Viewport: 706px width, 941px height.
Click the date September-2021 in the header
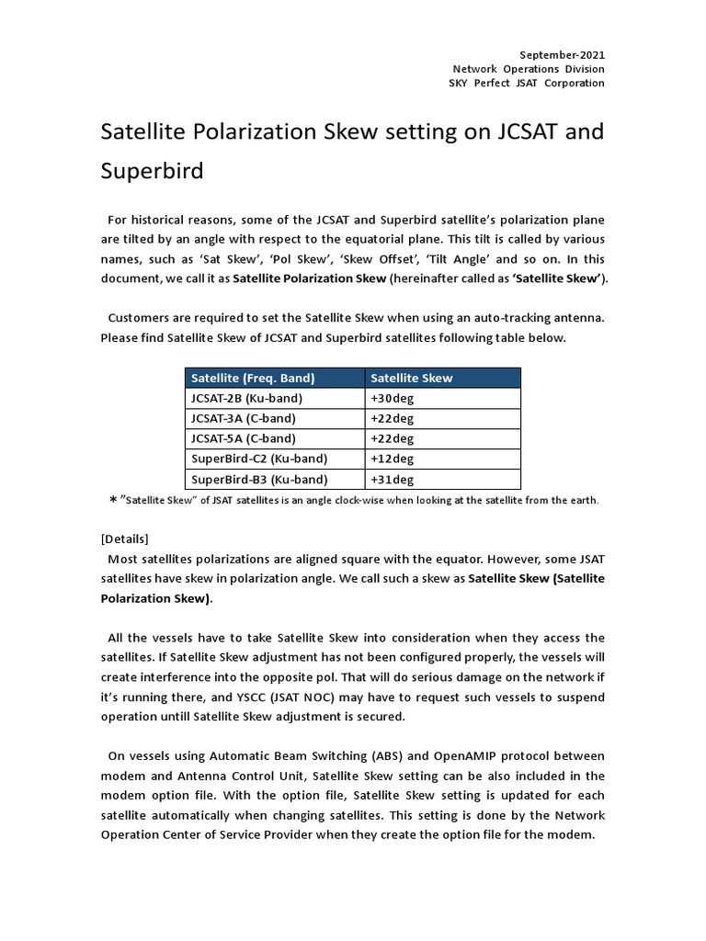coord(564,55)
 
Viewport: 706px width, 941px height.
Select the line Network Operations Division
coord(529,69)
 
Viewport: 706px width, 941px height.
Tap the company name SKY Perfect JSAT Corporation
coord(529,83)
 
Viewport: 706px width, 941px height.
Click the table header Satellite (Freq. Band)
coord(253,378)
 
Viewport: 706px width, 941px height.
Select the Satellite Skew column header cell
coord(412,378)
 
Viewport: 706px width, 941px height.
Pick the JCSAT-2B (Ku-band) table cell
coord(246,398)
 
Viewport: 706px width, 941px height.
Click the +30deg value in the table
coord(393,398)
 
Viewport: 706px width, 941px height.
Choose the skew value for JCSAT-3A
coord(393,418)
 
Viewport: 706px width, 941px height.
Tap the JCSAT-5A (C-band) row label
coord(244,438)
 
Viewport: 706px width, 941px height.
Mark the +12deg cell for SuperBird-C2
coord(393,459)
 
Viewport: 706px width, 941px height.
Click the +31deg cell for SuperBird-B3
coord(393,479)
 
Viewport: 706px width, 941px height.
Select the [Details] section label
coord(125,539)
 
